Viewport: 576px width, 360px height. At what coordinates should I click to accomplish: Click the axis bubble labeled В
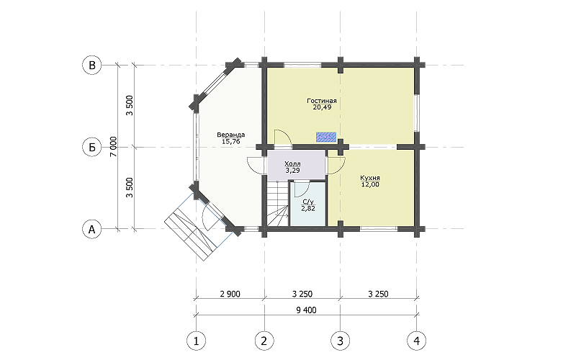92,65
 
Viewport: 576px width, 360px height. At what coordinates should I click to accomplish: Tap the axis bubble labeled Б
92,147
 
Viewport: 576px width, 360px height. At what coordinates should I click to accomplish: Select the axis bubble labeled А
92,229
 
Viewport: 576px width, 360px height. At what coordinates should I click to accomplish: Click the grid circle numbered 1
196,341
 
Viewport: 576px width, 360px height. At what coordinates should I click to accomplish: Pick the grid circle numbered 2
264,341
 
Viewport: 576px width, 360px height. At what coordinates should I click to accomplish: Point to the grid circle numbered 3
340,341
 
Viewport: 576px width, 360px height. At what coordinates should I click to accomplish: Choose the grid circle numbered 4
417,341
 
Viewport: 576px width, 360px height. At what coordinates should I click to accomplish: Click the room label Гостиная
322,101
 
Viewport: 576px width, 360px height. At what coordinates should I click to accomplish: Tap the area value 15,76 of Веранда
230,142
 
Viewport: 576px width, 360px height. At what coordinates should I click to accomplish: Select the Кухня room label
370,178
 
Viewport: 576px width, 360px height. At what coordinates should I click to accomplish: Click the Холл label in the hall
292,164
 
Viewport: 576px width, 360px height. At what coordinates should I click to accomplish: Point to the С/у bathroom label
308,202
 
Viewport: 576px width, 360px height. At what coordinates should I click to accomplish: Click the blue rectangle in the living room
326,137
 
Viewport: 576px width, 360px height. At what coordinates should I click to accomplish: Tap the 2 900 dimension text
230,294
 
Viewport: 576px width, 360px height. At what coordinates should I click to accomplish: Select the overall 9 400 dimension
306,310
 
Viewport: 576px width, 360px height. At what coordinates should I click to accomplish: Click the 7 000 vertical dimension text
114,147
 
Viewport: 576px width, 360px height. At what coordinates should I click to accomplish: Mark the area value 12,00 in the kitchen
370,184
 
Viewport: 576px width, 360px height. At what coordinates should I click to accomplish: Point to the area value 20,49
322,107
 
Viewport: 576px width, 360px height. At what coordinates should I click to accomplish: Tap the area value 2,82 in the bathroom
308,209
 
